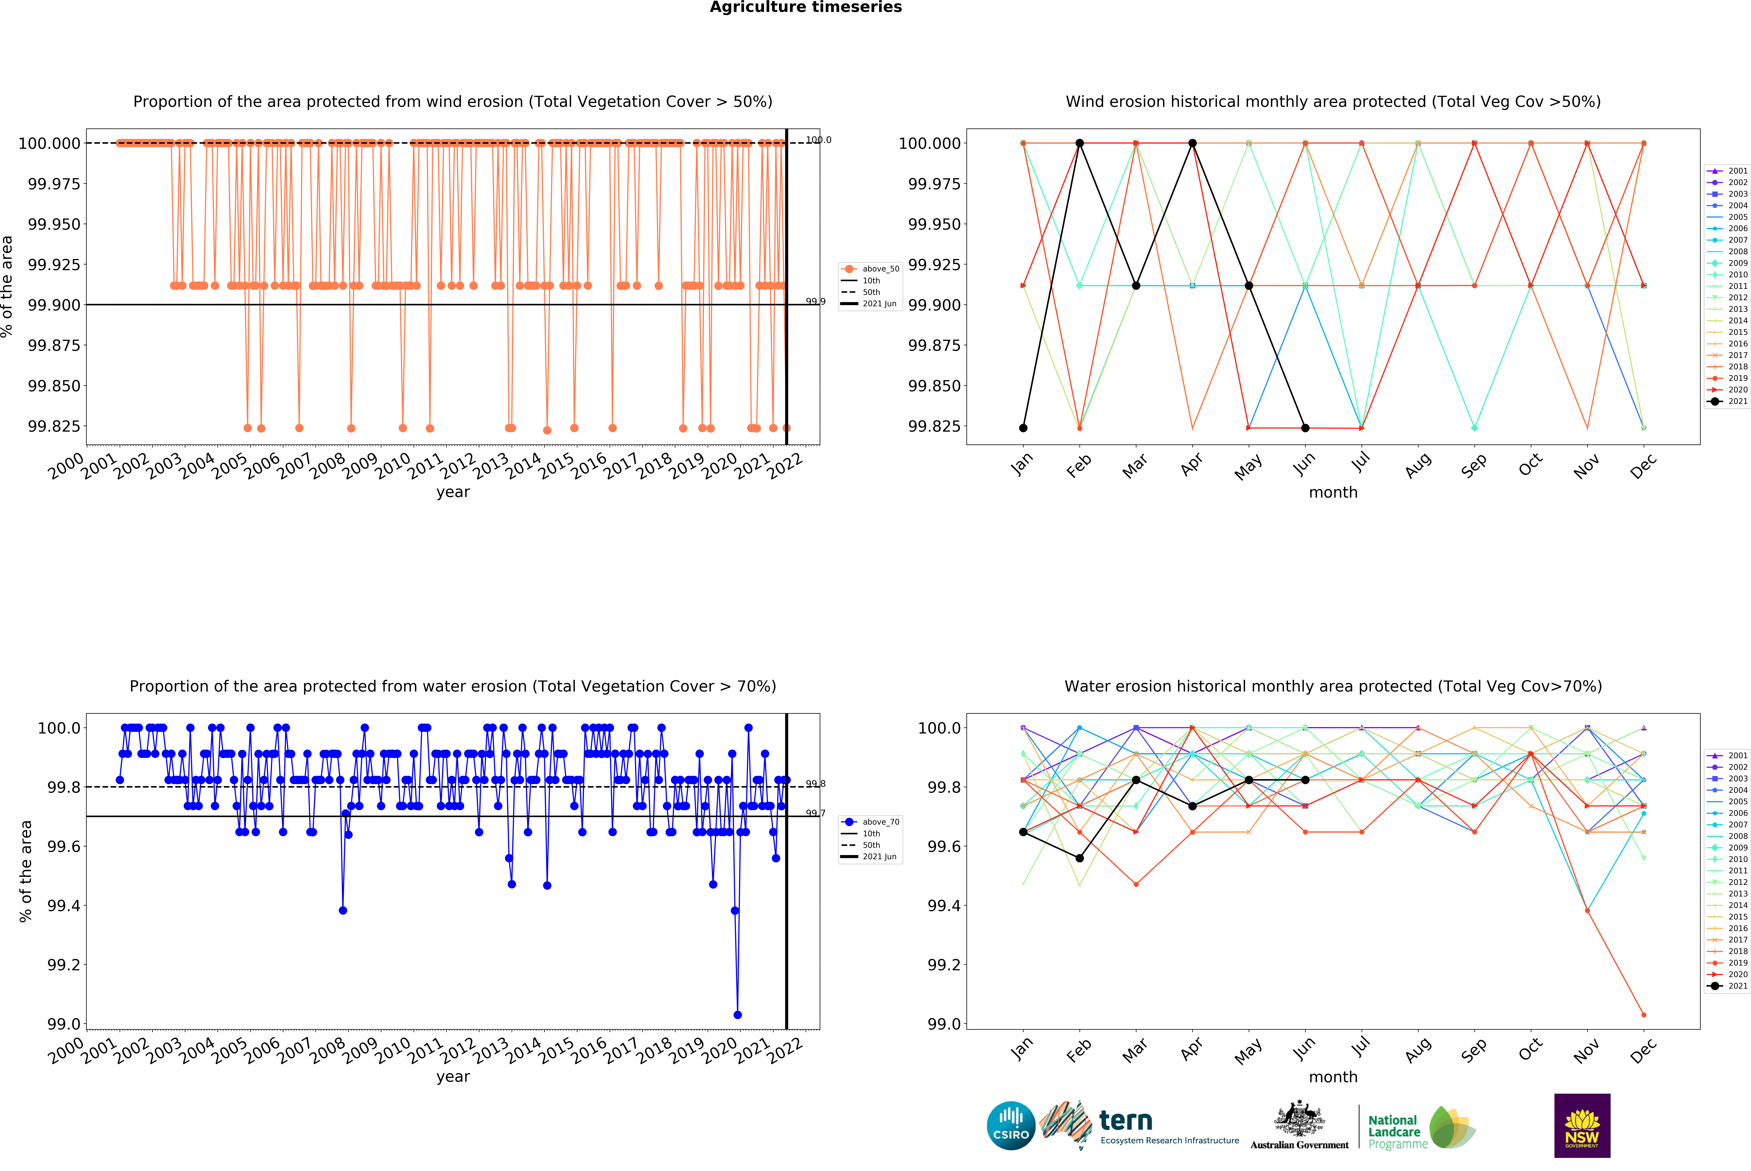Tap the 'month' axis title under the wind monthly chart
point(1333,492)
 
